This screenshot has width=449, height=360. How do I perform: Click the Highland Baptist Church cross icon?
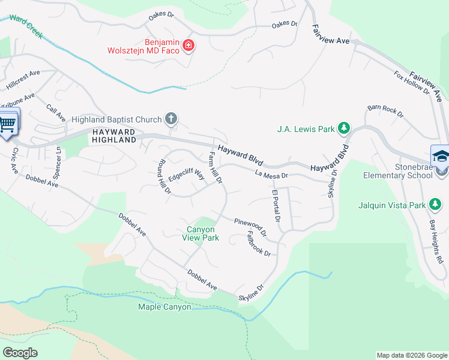click(x=171, y=118)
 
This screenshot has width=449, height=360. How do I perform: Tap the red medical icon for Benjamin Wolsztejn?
click(x=188, y=46)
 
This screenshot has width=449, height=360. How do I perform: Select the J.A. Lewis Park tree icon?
click(x=344, y=128)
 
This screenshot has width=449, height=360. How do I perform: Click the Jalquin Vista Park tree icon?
click(x=435, y=205)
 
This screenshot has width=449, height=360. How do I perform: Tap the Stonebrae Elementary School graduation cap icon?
click(x=440, y=155)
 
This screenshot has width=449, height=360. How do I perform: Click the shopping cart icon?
click(x=7, y=124)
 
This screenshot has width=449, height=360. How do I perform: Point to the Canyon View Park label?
click(x=200, y=233)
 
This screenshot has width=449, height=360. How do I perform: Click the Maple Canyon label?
click(x=164, y=307)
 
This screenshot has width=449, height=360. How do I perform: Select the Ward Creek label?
click(x=26, y=26)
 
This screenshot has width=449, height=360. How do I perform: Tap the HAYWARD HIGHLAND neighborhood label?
click(x=113, y=135)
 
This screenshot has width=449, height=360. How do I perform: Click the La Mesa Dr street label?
click(x=271, y=175)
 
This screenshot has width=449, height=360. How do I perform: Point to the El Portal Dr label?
click(x=276, y=206)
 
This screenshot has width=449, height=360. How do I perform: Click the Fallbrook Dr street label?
click(x=259, y=245)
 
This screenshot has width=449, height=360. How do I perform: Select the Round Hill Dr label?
click(x=164, y=178)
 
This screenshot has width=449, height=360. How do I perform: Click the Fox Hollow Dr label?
click(x=412, y=83)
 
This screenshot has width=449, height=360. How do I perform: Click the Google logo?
click(x=20, y=353)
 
